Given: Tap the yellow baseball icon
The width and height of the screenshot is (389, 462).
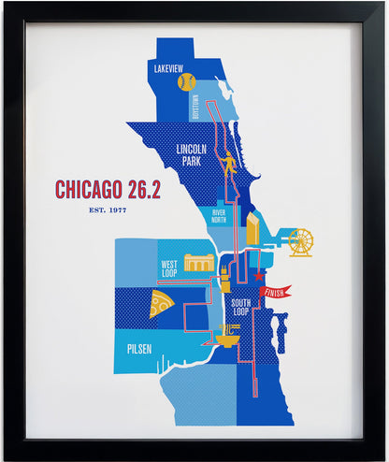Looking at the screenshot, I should pos(185,82).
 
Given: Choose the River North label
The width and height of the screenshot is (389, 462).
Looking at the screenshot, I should pos(218,217).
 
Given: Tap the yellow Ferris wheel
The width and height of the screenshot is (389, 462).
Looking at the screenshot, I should pos(300,242).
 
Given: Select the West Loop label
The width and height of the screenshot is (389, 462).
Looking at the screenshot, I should pos(169,268).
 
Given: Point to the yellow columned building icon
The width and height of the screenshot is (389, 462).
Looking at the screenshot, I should pos(198,263).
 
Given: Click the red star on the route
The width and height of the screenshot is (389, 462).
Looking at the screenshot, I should pos(259,276).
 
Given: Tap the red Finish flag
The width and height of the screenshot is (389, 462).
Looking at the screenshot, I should pos(277,292).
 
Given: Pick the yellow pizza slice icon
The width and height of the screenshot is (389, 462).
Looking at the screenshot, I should pos(160,302).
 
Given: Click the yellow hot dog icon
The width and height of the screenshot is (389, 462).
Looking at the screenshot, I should pos(225,276).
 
